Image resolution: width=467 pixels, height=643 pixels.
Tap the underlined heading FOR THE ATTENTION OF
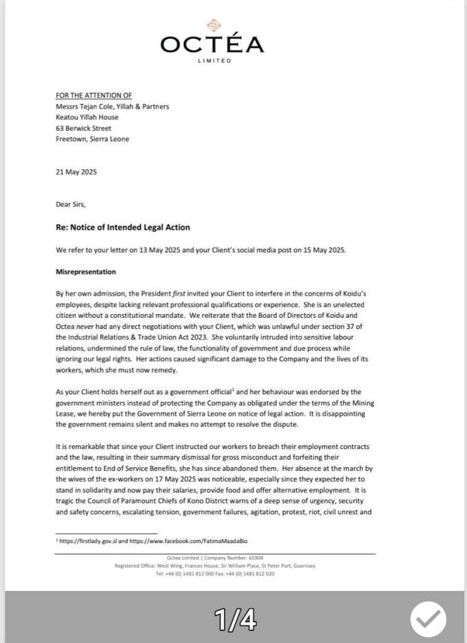(x=94, y=95)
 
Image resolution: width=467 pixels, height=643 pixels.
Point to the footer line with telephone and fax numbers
(x=214, y=574)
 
